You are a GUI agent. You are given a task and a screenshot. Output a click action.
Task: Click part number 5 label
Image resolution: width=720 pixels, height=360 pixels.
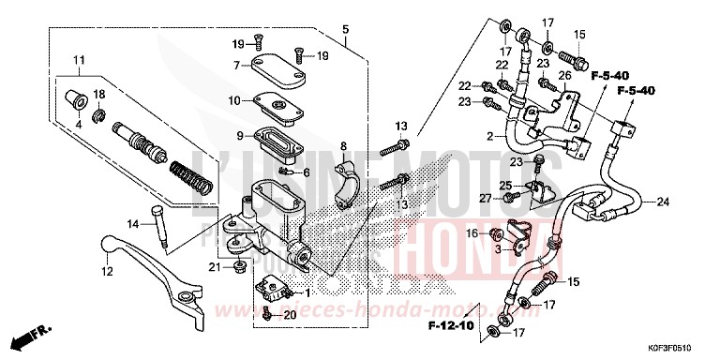tap(346, 31)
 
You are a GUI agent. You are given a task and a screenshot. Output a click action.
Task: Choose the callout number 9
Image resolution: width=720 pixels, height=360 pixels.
tap(240, 135)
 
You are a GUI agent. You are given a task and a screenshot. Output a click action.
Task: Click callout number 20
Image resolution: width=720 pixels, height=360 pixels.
tap(290, 315)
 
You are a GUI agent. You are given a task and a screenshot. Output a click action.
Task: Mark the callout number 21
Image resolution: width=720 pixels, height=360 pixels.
tap(214, 268)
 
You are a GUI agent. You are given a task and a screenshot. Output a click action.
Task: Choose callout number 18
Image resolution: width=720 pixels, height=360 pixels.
tap(99, 94)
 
